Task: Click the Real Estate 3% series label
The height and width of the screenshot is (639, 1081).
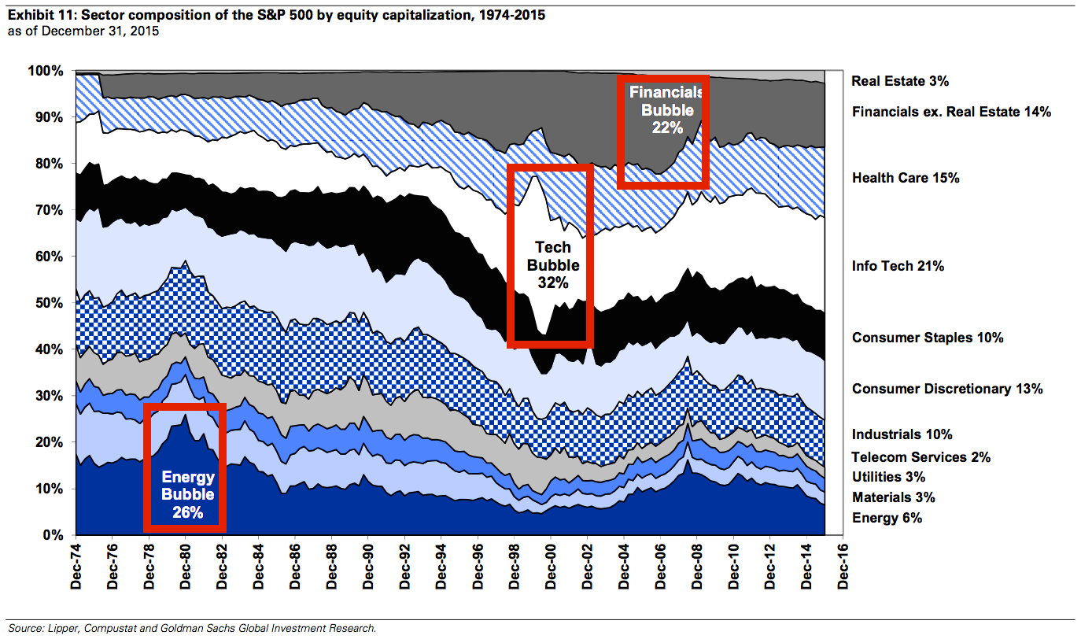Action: [x=900, y=81]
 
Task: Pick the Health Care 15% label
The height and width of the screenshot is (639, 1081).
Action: [x=906, y=178]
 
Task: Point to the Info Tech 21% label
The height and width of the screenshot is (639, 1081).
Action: [x=898, y=266]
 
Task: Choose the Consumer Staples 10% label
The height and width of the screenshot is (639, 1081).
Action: [x=928, y=338]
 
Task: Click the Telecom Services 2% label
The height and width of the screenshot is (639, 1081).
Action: [x=921, y=457]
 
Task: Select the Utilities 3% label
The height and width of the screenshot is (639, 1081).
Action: [x=888, y=477]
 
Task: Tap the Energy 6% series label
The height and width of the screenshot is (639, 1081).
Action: [x=887, y=518]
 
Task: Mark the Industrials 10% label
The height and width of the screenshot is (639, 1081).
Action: [x=902, y=434]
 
